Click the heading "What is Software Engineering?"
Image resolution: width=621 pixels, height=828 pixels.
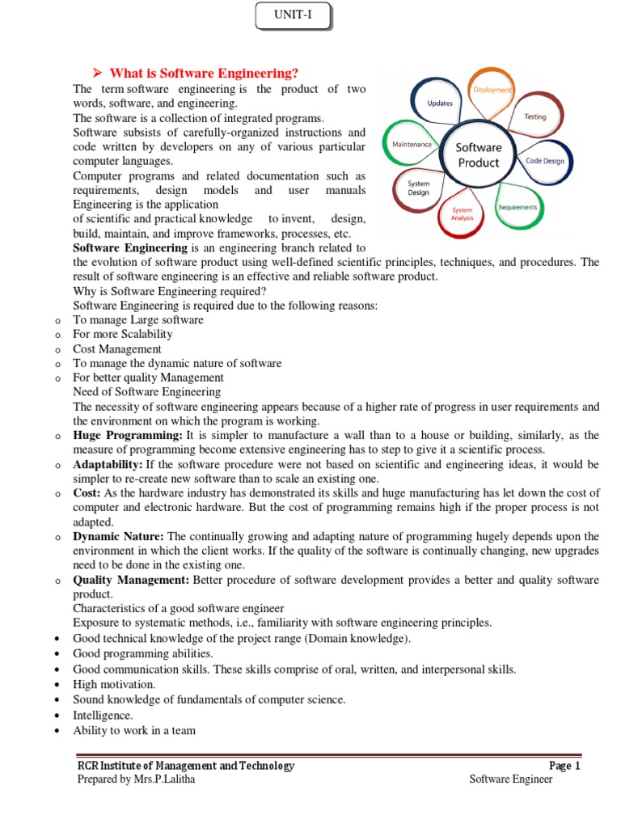[197, 74]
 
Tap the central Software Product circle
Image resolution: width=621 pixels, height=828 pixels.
[479, 154]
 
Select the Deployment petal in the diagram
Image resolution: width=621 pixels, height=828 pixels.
[492, 91]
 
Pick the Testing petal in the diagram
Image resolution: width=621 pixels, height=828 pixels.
[534, 116]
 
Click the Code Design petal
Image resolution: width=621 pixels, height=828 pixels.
[546, 161]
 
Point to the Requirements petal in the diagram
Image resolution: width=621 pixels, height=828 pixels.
[517, 207]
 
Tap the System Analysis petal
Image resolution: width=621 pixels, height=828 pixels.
[462, 214]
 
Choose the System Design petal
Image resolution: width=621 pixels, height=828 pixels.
[418, 188]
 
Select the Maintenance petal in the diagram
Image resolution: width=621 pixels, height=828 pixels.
[412, 144]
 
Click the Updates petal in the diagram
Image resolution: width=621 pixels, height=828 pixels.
[440, 103]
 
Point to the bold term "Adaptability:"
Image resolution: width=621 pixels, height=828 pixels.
[108, 464]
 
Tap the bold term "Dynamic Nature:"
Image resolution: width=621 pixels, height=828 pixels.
[118, 536]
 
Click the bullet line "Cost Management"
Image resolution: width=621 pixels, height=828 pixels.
[117, 349]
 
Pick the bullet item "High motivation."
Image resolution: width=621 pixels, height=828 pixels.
[114, 684]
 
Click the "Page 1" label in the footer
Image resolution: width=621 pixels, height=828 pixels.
[564, 766]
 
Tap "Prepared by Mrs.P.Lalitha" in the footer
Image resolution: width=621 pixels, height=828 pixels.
[136, 779]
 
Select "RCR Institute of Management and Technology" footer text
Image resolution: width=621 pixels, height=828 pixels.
[185, 766]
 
